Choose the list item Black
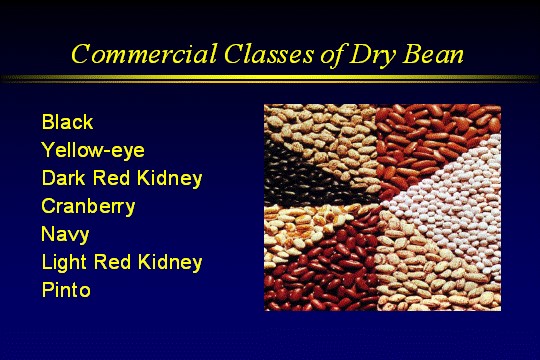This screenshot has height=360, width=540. pos(67,123)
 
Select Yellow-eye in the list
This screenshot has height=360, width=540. pos(93,151)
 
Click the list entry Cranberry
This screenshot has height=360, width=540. pos(88,207)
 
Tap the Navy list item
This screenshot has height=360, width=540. pos(65,235)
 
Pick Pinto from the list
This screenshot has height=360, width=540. pos(66,291)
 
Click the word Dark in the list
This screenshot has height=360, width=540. pos(64,179)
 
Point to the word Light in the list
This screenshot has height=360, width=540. pos(66,263)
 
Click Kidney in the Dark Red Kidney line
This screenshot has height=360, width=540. pos(171,179)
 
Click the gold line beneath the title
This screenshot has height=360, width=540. pos(270,78)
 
